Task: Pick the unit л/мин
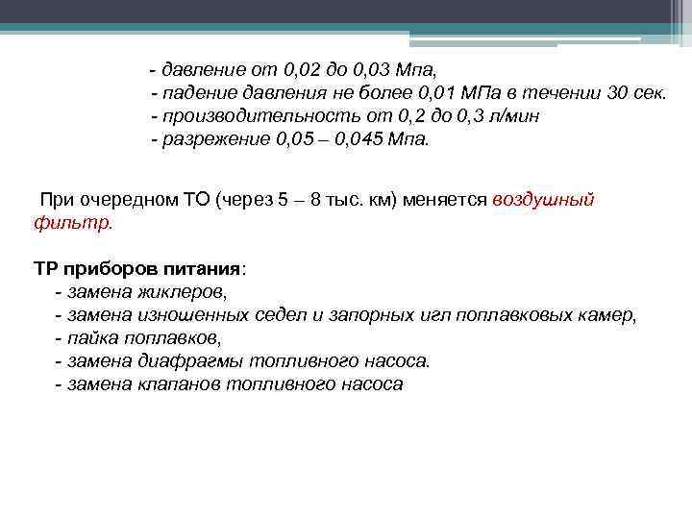click(x=512, y=116)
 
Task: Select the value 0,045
click(x=358, y=139)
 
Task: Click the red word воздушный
click(x=543, y=200)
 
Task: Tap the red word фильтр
click(x=72, y=223)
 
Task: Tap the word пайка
click(x=91, y=337)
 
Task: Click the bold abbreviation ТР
click(x=46, y=268)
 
